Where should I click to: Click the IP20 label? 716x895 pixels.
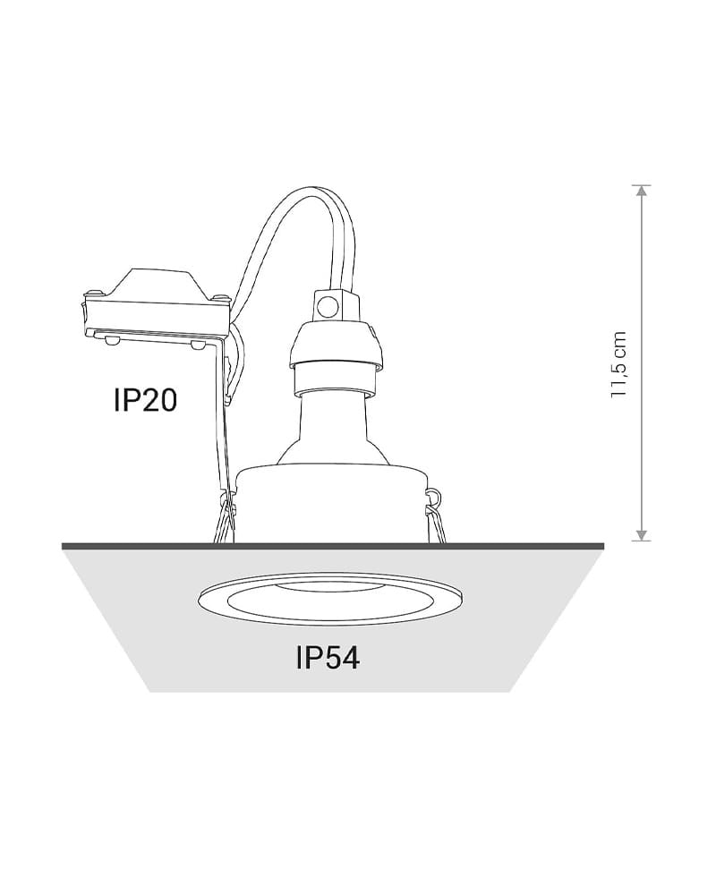pyautogui.click(x=145, y=400)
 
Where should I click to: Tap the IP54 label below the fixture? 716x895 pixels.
pyautogui.click(x=328, y=657)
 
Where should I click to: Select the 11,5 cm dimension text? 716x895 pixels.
pyautogui.click(x=619, y=364)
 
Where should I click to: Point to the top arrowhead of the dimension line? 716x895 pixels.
pyautogui.click(x=643, y=192)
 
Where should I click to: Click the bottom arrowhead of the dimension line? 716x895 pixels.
pyautogui.click(x=643, y=535)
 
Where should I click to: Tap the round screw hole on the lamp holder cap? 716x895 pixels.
pyautogui.click(x=328, y=308)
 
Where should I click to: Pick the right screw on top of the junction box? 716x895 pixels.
pyautogui.click(x=220, y=296)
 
